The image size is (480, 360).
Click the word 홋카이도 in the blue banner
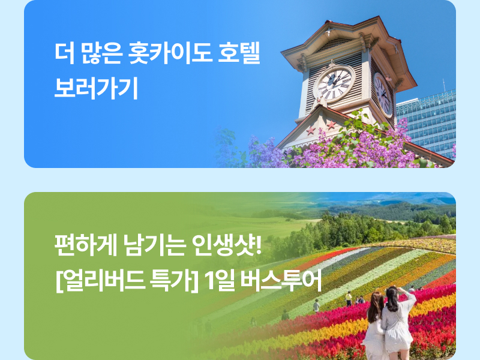pos(170,53)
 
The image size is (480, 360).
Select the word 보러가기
pos(96,88)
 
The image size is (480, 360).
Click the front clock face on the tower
pos(335,83)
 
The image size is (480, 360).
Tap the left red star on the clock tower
pos(311,131)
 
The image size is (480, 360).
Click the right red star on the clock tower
pos(331,125)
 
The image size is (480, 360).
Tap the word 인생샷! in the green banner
pos(227,245)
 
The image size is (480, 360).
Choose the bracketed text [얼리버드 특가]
pos(127,281)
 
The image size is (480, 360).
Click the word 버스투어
pos(281,280)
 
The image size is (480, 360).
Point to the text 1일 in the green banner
pos(219,281)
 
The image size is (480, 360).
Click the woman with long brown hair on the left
pos(374,325)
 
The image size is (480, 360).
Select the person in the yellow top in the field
pos(349,298)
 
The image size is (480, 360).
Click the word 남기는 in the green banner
pos(155,245)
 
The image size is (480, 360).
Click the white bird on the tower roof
pos(328,32)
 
